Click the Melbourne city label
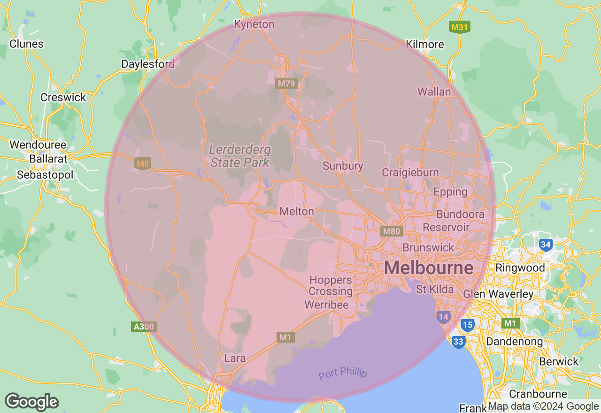(x=429, y=268)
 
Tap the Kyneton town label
(x=254, y=24)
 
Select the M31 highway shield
(x=459, y=27)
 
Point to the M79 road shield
(x=286, y=84)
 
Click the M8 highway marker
(x=142, y=164)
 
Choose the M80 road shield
(x=392, y=231)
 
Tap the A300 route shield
(x=144, y=327)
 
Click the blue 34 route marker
(x=546, y=245)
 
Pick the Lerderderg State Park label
(x=239, y=156)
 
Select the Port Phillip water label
(x=342, y=374)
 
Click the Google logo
(x=31, y=402)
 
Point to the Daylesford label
(x=148, y=64)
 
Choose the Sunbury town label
(x=343, y=166)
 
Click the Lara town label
(x=235, y=359)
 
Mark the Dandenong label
(x=514, y=341)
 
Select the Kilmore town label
(x=425, y=45)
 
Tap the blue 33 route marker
(x=458, y=342)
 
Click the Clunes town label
(x=26, y=44)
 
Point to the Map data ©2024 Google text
(x=543, y=406)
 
